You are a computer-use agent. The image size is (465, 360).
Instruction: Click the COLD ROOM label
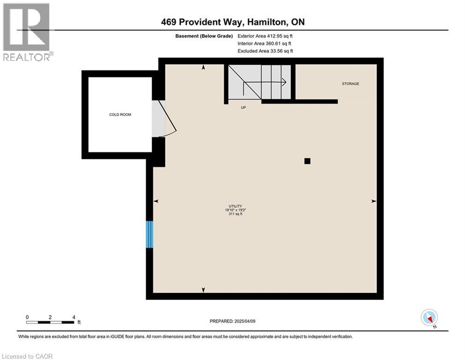click(x=120, y=114)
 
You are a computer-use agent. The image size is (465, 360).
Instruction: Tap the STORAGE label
click(x=351, y=84)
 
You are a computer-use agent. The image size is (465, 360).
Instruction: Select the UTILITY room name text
click(x=236, y=206)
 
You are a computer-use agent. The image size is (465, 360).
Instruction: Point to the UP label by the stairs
click(x=244, y=107)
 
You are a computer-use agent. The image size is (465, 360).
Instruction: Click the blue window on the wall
click(x=149, y=234)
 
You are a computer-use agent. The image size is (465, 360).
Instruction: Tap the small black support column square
click(x=307, y=161)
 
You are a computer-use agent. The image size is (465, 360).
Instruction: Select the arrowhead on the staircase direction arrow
click(x=284, y=82)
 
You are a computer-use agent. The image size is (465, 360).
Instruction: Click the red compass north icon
click(x=429, y=318)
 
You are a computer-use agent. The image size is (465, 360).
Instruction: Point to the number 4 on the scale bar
click(x=74, y=317)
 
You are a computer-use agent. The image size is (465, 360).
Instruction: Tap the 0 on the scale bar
click(x=27, y=317)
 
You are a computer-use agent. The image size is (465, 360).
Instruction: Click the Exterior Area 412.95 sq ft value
click(x=265, y=36)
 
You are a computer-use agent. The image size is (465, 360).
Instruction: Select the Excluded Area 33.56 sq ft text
click(x=265, y=51)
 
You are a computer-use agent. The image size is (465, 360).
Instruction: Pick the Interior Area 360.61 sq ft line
click(x=264, y=43)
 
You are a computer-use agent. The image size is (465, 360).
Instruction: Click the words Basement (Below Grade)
click(x=204, y=36)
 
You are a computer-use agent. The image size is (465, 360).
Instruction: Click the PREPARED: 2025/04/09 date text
click(x=232, y=321)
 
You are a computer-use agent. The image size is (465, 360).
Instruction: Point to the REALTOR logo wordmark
click(x=28, y=57)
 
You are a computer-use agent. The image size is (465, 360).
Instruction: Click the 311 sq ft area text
click(x=236, y=214)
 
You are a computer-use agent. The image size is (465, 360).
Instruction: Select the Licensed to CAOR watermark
click(x=27, y=356)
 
